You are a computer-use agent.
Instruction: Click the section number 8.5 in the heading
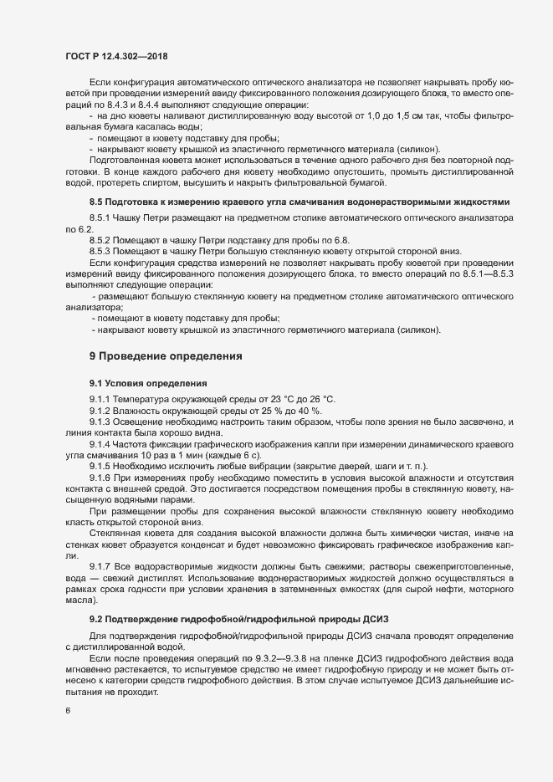pyautogui.click(x=96, y=202)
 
